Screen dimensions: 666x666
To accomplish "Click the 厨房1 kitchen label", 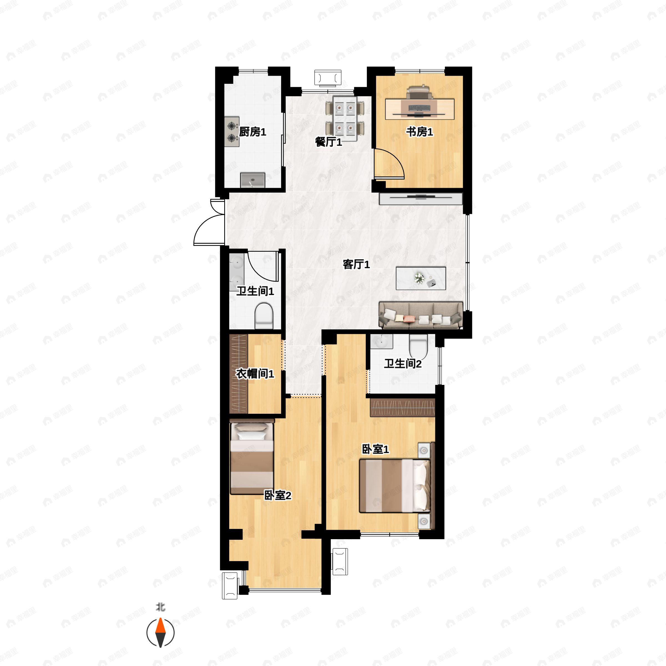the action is point(253,132).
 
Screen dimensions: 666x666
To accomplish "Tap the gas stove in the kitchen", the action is point(232,132).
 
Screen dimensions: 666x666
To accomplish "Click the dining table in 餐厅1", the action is point(345,118).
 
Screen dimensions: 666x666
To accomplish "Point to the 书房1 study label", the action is point(419,132).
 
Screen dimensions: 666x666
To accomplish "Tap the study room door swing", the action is point(389,163).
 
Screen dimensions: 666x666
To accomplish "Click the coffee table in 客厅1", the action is point(421,278).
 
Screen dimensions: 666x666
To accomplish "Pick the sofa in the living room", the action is point(421,315).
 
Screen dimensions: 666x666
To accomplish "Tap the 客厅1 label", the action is point(356,264).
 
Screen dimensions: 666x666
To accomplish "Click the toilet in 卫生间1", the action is point(264,316).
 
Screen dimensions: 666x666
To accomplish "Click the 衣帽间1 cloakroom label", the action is point(255,374).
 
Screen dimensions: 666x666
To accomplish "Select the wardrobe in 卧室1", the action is point(403,407).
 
